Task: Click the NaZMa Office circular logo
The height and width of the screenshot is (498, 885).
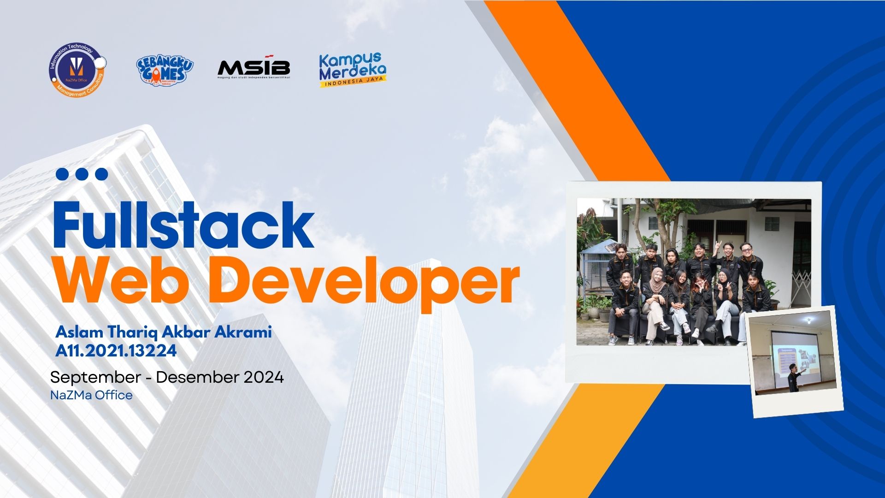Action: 77,70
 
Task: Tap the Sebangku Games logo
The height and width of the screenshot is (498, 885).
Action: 165,70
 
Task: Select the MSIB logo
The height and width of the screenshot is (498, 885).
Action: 254,69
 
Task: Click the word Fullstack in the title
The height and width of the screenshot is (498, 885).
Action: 184,226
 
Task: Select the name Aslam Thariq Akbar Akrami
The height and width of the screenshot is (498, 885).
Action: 164,332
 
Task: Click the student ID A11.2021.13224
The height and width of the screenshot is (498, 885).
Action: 116,351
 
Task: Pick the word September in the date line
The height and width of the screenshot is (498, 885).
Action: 95,377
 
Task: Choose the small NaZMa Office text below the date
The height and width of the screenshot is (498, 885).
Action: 91,395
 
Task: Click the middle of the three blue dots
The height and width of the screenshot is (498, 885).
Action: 82,174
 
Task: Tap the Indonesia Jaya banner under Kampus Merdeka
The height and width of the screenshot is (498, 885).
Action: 354,83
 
